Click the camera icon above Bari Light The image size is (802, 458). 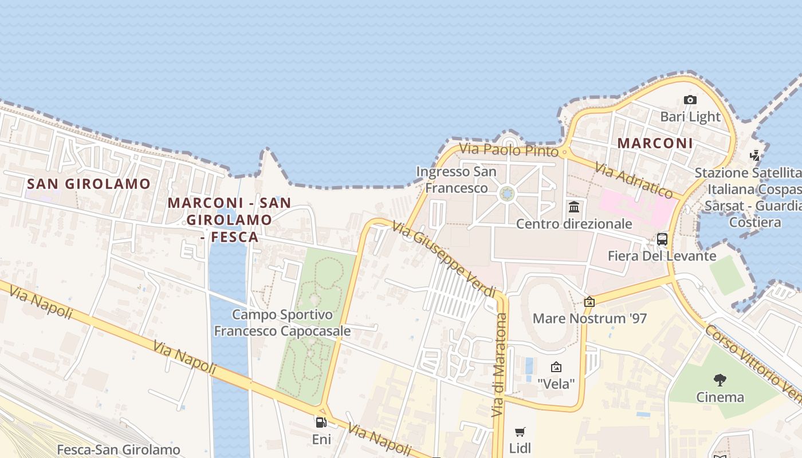(x=690, y=100)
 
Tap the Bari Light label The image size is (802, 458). (x=690, y=117)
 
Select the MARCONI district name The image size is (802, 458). (x=655, y=143)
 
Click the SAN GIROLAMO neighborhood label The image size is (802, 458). (x=89, y=184)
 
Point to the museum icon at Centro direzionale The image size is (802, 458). (x=574, y=207)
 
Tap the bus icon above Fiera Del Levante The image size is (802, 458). (x=662, y=239)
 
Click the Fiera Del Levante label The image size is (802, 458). (x=662, y=256)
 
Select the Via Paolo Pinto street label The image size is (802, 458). (x=509, y=150)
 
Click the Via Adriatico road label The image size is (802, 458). (x=633, y=179)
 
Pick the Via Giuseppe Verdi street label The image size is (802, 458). (x=444, y=259)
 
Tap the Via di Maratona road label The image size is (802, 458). (x=499, y=365)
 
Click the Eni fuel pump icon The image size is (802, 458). (x=321, y=423)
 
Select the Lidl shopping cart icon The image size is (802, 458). (x=520, y=432)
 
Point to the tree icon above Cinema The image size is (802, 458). (x=720, y=380)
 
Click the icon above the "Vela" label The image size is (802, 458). (x=556, y=367)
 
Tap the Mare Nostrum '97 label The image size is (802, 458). (x=589, y=318)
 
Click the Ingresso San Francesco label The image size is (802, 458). (x=456, y=180)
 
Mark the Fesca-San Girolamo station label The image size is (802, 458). (x=119, y=450)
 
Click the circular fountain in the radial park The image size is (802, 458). (x=507, y=194)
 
